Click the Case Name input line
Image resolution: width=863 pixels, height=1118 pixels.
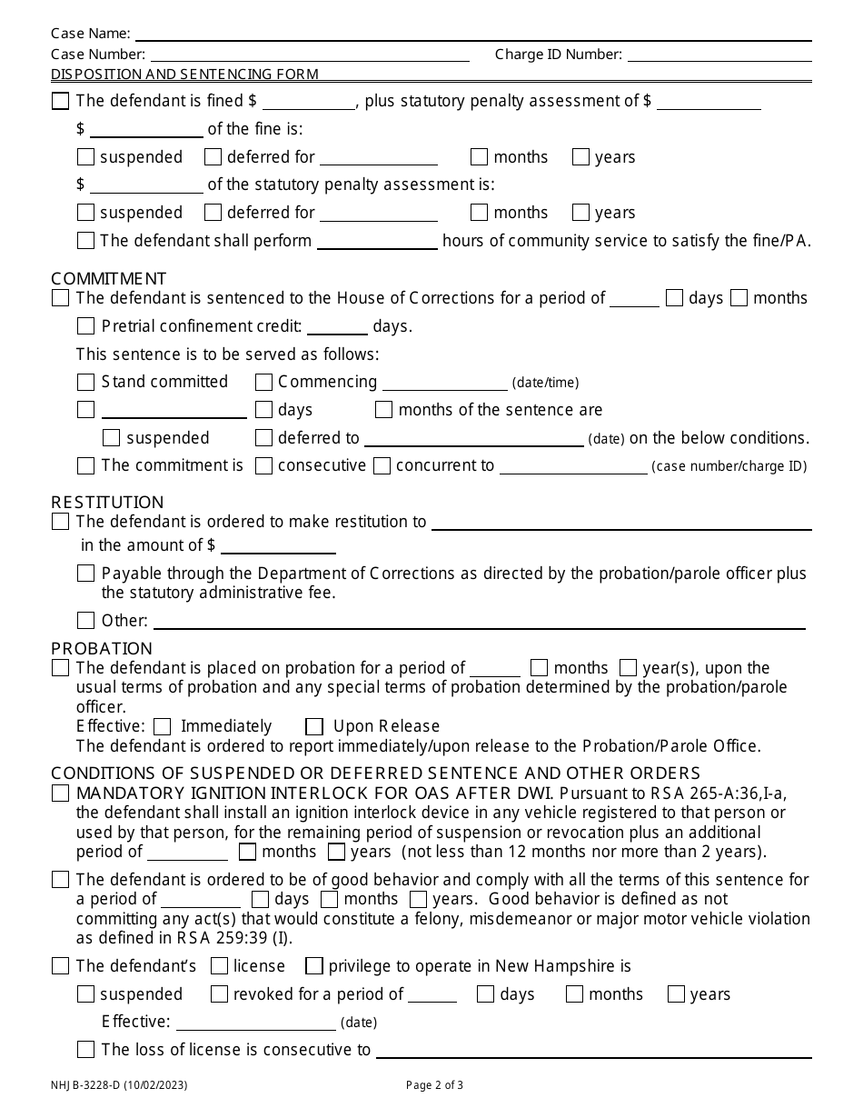[x=472, y=35]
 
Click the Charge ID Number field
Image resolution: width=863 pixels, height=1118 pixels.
[x=719, y=55]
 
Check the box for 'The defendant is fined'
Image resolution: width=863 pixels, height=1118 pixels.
[x=61, y=102]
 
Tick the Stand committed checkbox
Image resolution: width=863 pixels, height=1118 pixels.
[x=86, y=383]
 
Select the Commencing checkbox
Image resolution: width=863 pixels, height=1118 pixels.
[x=263, y=383]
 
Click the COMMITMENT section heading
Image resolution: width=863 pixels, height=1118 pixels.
[x=109, y=278]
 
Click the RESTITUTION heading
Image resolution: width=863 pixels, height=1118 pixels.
[x=107, y=502]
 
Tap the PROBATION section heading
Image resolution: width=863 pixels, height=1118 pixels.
[x=102, y=648]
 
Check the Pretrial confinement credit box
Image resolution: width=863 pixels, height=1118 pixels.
[x=86, y=326]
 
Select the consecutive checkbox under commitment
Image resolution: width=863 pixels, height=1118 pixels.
[x=263, y=466]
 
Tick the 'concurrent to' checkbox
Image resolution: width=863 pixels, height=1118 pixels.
[x=382, y=466]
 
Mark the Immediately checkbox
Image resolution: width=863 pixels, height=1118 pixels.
[x=163, y=726]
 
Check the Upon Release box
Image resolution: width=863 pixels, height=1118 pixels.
[x=314, y=726]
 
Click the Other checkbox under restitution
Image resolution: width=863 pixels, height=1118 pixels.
[x=86, y=621]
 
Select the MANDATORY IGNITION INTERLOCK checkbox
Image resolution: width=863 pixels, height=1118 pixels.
[x=61, y=794]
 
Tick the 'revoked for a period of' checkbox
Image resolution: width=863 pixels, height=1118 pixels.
[x=219, y=994]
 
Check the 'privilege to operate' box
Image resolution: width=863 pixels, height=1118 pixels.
[x=314, y=966]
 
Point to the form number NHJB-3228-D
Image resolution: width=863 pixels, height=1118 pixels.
[x=119, y=1084]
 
